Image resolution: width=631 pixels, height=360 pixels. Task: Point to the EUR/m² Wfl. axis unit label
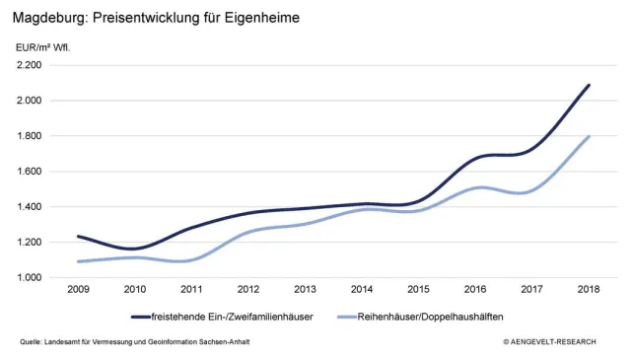[43, 46]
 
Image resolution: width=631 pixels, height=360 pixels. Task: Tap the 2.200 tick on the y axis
[29, 65]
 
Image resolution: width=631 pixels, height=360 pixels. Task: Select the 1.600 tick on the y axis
[29, 172]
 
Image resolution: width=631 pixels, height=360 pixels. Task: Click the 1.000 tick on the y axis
[29, 278]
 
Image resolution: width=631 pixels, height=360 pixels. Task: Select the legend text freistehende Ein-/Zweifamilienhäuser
[235, 317]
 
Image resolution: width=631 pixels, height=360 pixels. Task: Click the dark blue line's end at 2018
[589, 85]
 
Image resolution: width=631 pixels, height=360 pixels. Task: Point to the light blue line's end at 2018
[589, 136]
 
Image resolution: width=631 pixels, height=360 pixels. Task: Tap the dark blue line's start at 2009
[78, 236]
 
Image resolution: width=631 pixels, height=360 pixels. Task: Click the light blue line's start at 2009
[78, 261]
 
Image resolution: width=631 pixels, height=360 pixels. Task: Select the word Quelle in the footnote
[32, 342]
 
